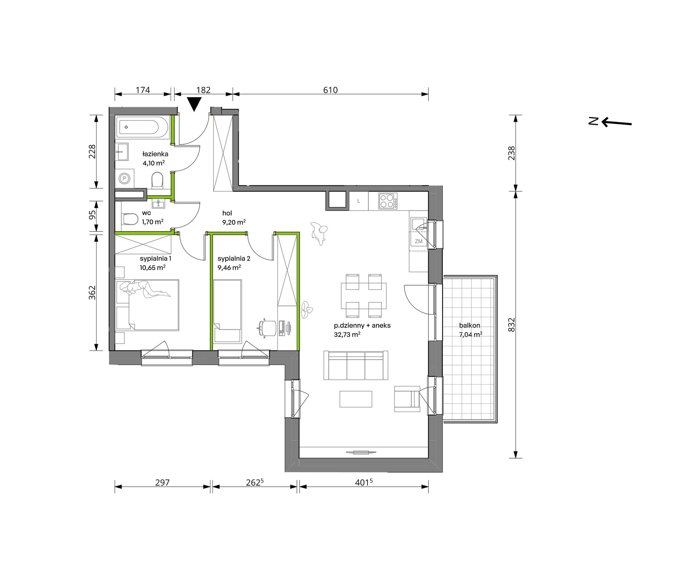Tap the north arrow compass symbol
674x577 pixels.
[610, 122]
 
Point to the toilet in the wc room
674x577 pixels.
[129, 219]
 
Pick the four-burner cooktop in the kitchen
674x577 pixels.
[388, 201]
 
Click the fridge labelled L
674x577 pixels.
[359, 201]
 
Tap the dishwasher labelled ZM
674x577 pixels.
[419, 241]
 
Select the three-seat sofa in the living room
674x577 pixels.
[356, 365]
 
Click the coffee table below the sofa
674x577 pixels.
[356, 399]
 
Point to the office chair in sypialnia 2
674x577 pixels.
[267, 327]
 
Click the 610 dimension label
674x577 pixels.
[330, 90]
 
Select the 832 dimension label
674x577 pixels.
[511, 325]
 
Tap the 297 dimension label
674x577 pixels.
[162, 482]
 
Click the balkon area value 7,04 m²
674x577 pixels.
[471, 334]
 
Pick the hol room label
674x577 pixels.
[227, 213]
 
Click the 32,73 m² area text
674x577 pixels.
[347, 334]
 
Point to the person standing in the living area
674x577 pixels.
[319, 233]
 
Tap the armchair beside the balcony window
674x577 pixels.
[407, 399]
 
